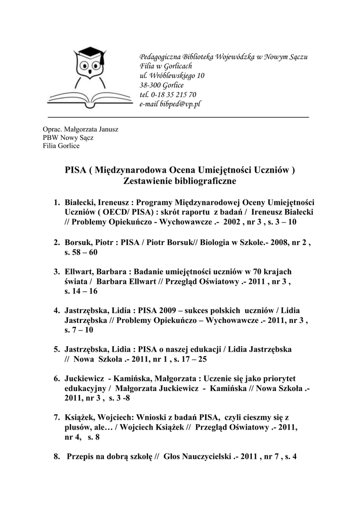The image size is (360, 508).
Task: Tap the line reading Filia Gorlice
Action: [x=61, y=146]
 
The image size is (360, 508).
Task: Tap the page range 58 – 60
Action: [x=84, y=253]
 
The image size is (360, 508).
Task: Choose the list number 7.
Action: [x=57, y=417]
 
